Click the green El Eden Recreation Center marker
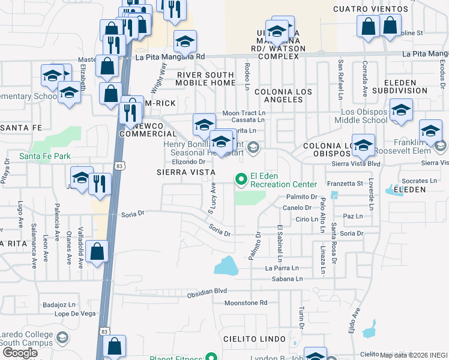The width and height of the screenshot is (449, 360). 241,179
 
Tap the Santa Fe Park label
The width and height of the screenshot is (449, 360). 45,156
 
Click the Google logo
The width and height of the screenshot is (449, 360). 20,352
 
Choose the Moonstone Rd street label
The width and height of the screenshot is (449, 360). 245,304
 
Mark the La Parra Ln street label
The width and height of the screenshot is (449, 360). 283,268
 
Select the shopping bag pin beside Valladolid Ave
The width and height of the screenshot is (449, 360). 97,252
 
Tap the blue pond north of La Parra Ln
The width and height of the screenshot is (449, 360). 224,265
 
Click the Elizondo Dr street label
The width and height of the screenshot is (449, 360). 189,161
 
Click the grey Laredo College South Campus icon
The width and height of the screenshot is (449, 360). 61,338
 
